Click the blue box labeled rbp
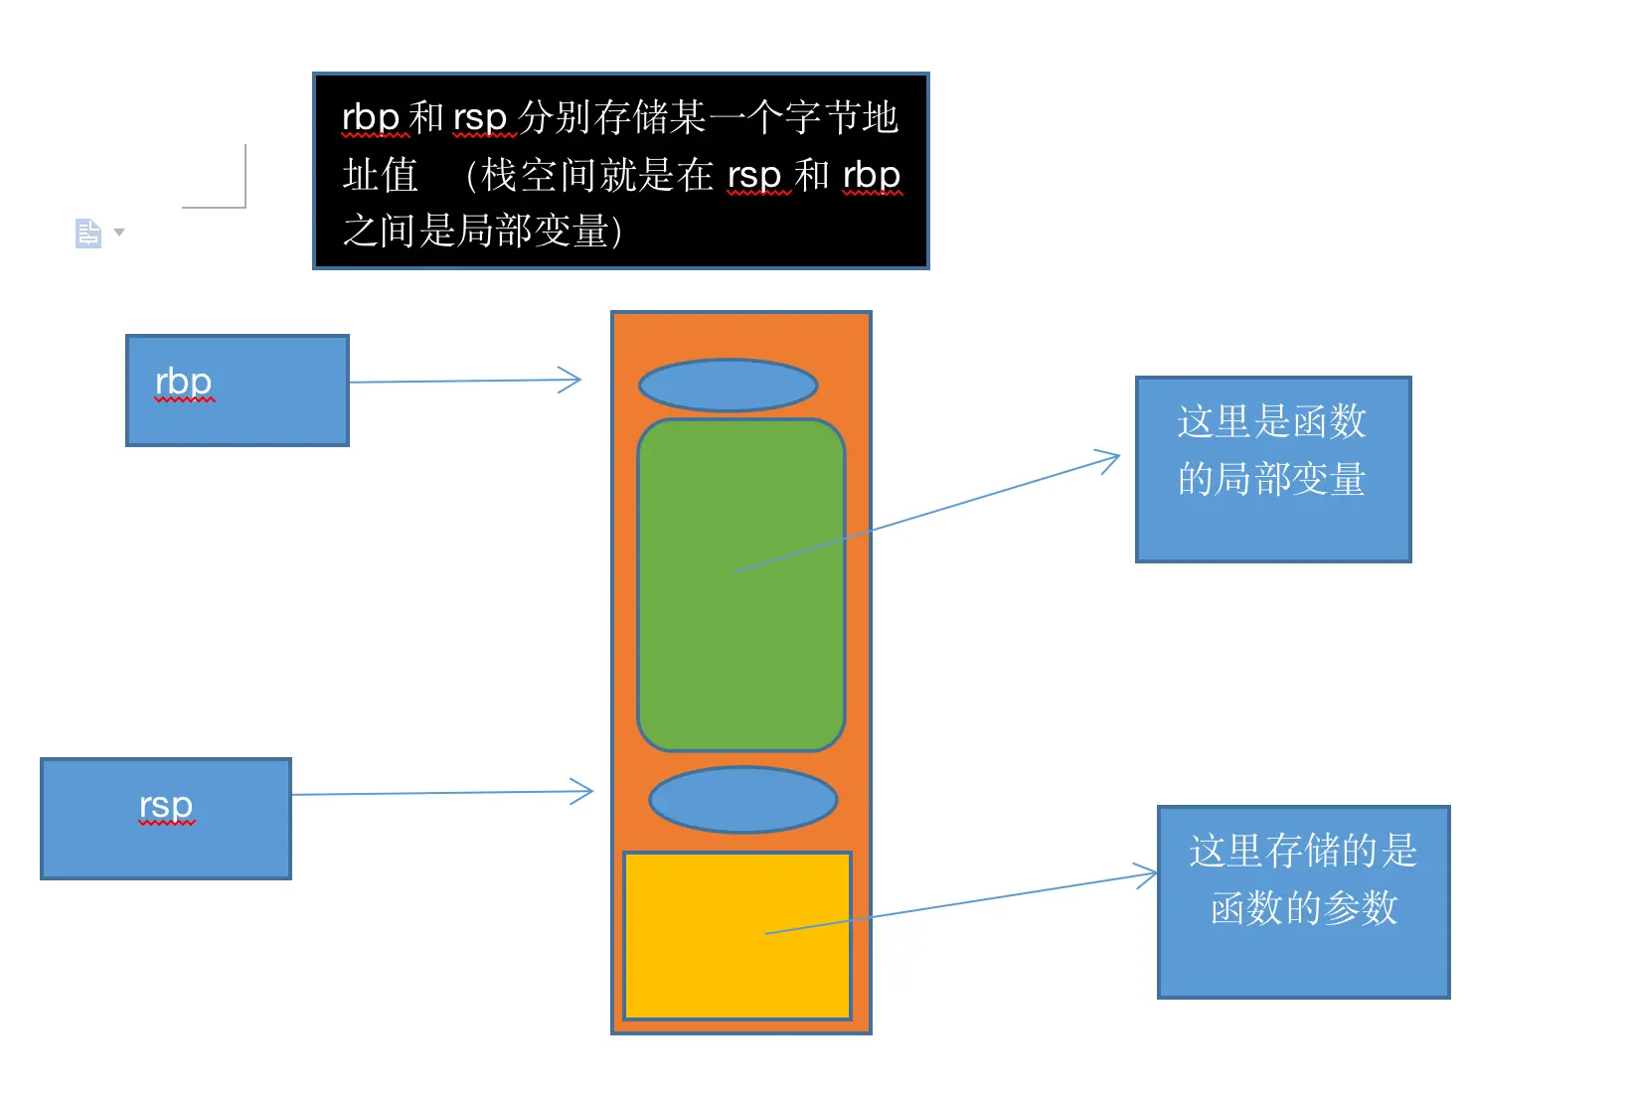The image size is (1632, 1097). (x=238, y=391)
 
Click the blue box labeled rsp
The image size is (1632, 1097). (x=166, y=819)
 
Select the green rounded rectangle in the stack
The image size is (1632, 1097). (x=740, y=585)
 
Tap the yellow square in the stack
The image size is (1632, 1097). (x=737, y=935)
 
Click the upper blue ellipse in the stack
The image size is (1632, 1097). (x=729, y=386)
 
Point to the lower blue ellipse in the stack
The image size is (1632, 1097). (x=742, y=799)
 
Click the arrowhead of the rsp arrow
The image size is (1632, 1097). (x=585, y=792)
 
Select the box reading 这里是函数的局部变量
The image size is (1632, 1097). (x=1273, y=469)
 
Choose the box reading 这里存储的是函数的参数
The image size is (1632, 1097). (x=1303, y=901)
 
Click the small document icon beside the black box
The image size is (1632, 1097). (x=88, y=234)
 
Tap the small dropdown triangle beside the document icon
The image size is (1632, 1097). (x=119, y=233)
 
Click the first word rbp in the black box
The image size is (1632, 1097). (x=371, y=117)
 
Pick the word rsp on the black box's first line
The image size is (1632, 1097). (x=480, y=117)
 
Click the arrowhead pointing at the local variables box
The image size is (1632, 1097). (x=1110, y=459)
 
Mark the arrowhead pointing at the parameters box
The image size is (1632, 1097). (x=1148, y=875)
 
